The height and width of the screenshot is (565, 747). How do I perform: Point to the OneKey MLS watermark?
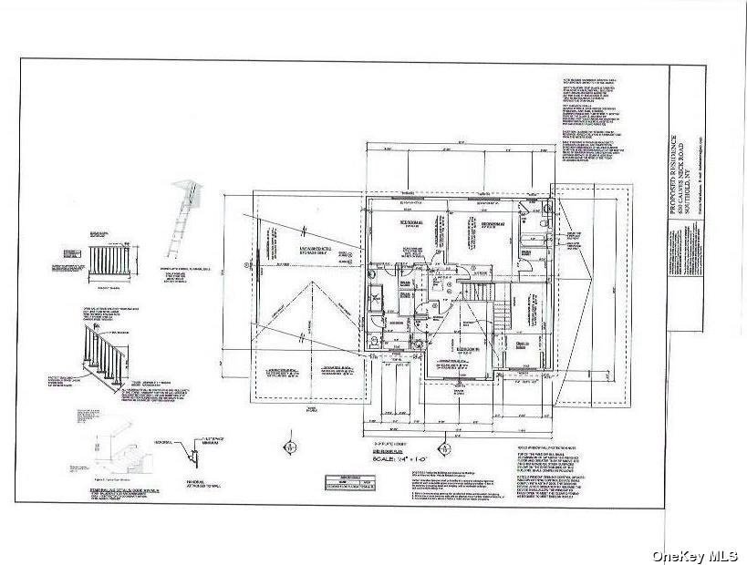click(698, 553)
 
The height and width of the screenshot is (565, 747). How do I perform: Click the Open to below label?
click(524, 344)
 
